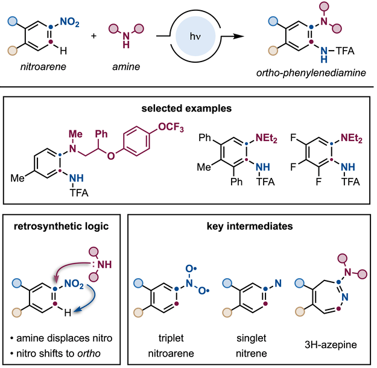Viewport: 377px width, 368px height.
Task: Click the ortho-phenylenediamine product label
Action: [314, 81]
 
